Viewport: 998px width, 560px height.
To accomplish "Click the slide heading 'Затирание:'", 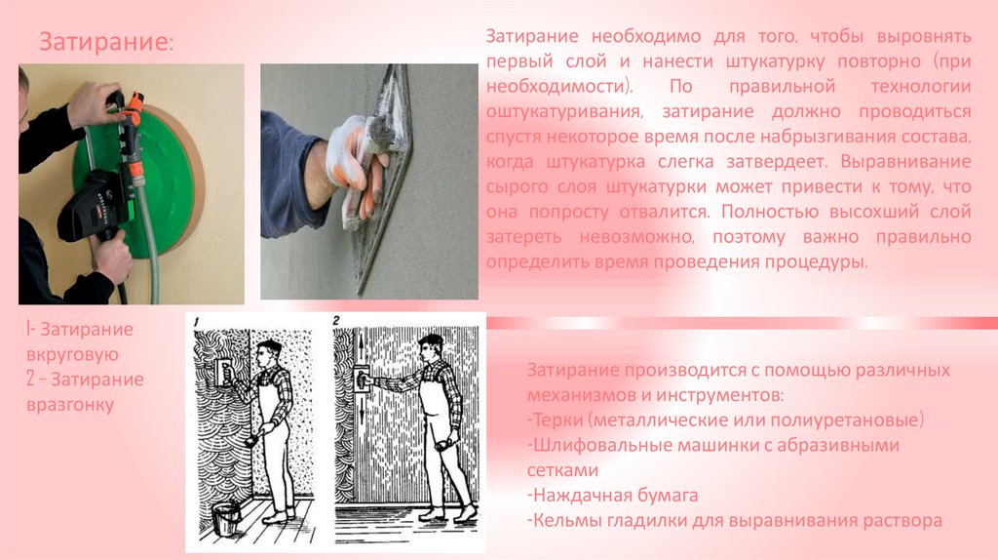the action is (x=105, y=42).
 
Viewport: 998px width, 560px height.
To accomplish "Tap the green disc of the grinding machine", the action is (x=159, y=184).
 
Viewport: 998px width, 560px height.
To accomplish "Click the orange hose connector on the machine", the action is (x=134, y=109).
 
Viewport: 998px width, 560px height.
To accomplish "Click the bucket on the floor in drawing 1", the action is (x=225, y=519).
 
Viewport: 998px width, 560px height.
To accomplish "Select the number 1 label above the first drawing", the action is (x=197, y=322).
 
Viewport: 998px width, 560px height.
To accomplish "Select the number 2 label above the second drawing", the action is (x=336, y=321).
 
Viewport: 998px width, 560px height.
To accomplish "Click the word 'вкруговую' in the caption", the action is (x=72, y=354).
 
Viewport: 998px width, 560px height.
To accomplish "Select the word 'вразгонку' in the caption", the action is (x=70, y=405).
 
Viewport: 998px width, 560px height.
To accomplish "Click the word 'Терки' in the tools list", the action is (x=557, y=420).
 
